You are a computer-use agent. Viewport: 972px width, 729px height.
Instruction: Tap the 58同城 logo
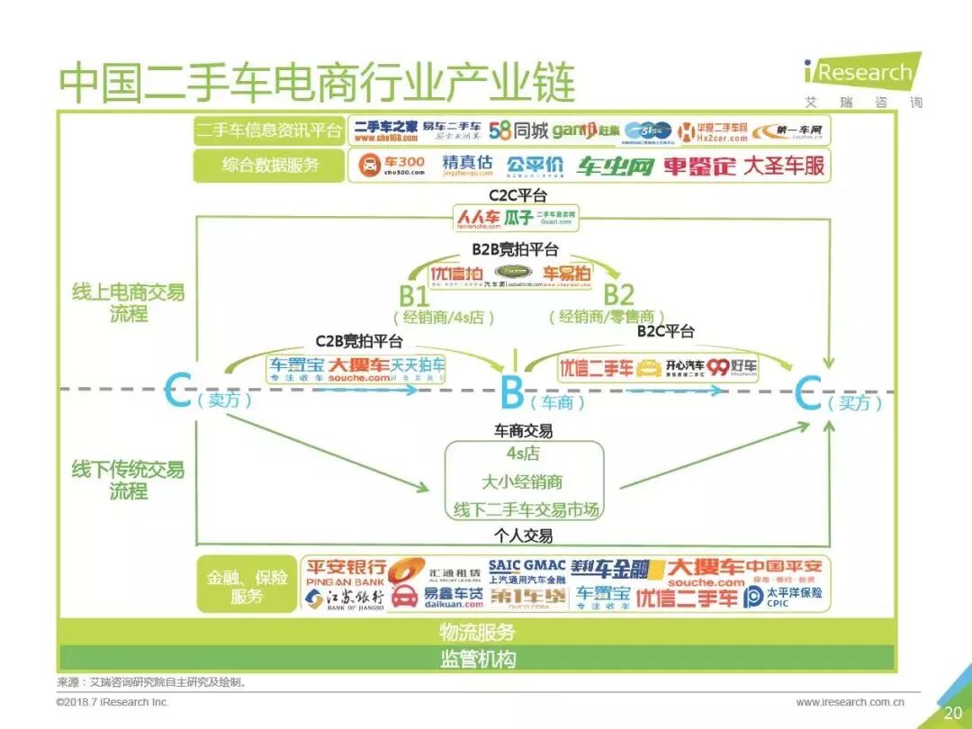click(x=518, y=130)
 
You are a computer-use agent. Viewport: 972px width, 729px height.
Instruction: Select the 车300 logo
click(x=392, y=166)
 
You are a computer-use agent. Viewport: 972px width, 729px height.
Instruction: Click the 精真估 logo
click(x=468, y=166)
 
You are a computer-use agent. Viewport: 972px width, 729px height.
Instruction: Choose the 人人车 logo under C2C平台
click(x=478, y=218)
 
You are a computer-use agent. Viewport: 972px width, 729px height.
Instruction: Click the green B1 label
click(x=415, y=295)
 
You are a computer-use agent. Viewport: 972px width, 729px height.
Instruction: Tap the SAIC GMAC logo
click(x=527, y=571)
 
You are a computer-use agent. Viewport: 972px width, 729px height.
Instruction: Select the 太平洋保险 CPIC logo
click(x=783, y=597)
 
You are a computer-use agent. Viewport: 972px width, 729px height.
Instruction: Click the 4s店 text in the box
click(x=523, y=454)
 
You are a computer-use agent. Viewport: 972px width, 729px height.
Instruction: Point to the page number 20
click(x=953, y=713)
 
